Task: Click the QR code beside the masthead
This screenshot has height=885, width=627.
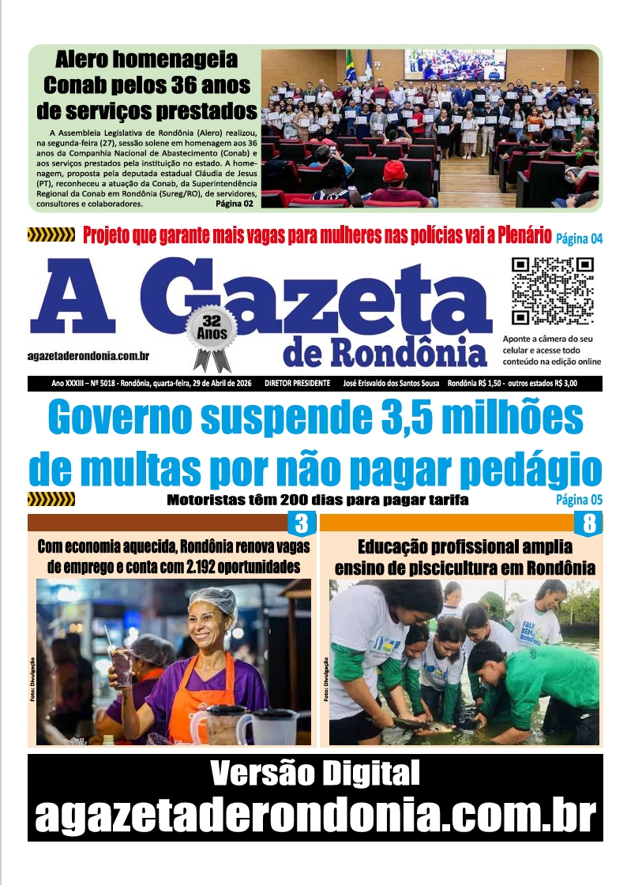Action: click(x=552, y=291)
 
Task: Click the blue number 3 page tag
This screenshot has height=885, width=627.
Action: click(x=301, y=523)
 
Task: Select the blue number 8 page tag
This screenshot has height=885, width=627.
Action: click(x=589, y=523)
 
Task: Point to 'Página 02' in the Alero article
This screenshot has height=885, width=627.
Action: click(x=235, y=204)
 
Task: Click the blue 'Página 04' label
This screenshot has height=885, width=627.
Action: click(x=579, y=238)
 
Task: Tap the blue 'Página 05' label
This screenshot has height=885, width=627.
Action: click(x=579, y=500)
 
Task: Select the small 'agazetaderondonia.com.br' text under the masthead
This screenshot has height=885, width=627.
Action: click(x=88, y=358)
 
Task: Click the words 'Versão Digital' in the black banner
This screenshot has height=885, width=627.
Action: click(x=315, y=774)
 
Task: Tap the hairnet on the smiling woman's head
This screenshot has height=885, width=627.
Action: click(x=213, y=599)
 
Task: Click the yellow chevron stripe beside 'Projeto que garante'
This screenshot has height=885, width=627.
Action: click(x=51, y=234)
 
